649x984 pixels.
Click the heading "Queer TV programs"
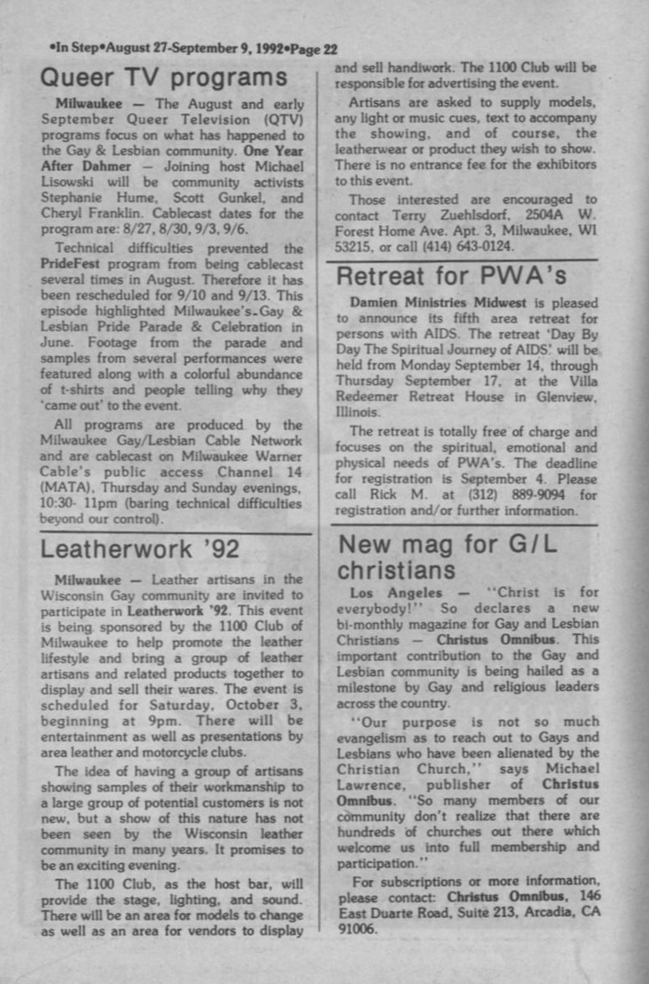click(164, 79)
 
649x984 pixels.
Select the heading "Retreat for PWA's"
click(452, 275)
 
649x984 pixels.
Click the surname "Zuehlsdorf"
click(473, 216)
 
